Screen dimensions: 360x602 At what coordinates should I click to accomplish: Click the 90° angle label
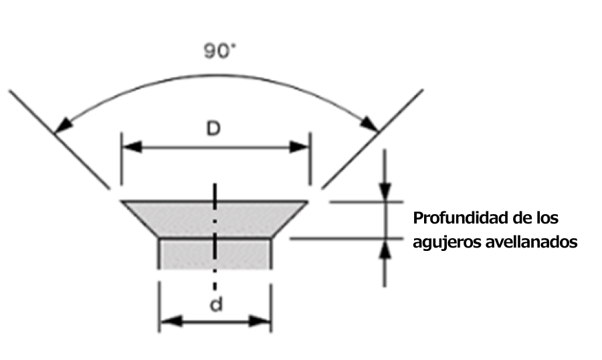pyautogui.click(x=220, y=52)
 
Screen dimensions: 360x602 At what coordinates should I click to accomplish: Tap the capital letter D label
pyautogui.click(x=213, y=129)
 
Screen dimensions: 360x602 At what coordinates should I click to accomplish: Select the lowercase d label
pyautogui.click(x=215, y=305)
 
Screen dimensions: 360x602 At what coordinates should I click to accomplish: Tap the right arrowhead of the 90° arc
pyautogui.click(x=370, y=124)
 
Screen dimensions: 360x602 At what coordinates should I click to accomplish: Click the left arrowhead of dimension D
pyautogui.click(x=129, y=146)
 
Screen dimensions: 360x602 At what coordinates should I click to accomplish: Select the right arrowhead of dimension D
pyautogui.click(x=300, y=146)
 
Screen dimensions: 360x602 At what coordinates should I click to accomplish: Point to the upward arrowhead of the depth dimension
pyautogui.click(x=386, y=249)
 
